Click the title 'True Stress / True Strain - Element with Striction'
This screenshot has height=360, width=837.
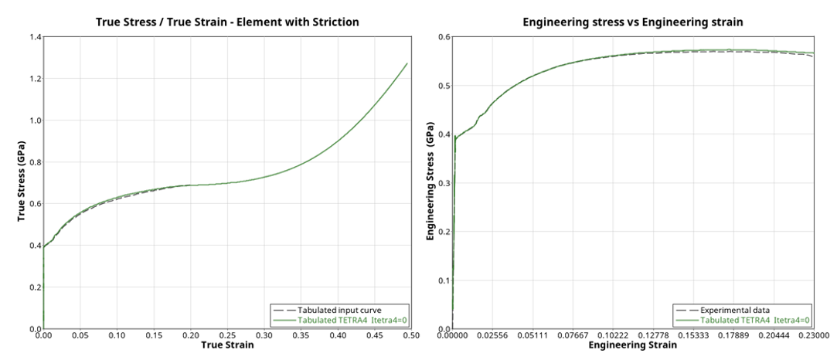coord(227,22)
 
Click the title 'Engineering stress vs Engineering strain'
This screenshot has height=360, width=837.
coord(633,22)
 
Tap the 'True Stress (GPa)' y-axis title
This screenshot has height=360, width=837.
coord(22,182)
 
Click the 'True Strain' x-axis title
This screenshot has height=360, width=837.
coord(227,345)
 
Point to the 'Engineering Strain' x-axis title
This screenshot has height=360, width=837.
coord(633,345)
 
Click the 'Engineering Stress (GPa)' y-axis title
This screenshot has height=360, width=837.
coord(430,182)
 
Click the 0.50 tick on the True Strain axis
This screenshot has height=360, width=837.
coord(410,336)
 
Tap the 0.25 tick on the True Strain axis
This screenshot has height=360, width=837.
coord(227,336)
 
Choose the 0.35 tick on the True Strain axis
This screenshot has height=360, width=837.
coord(301,336)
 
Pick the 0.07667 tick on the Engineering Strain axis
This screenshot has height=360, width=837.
coord(573,336)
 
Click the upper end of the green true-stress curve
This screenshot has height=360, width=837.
coord(407,63)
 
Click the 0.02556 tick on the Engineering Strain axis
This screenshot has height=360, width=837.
coord(492,336)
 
